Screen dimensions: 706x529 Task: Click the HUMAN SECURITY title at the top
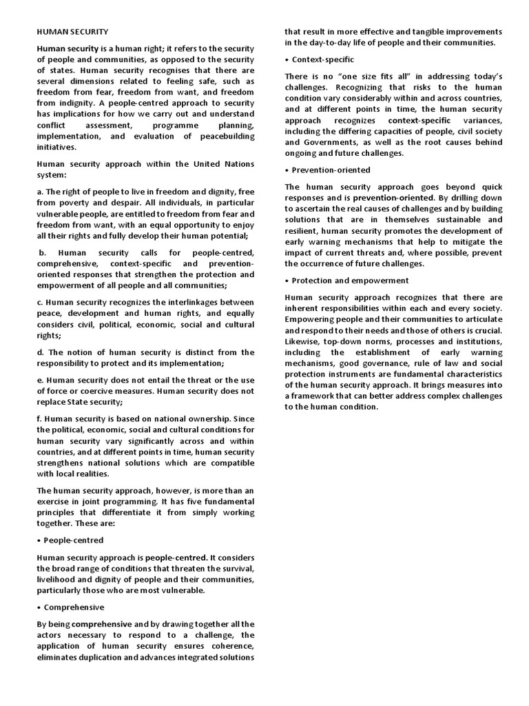72,31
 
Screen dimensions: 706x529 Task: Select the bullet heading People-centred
74,540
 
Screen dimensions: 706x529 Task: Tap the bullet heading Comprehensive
74,607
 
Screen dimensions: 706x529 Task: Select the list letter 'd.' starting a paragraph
40,352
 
